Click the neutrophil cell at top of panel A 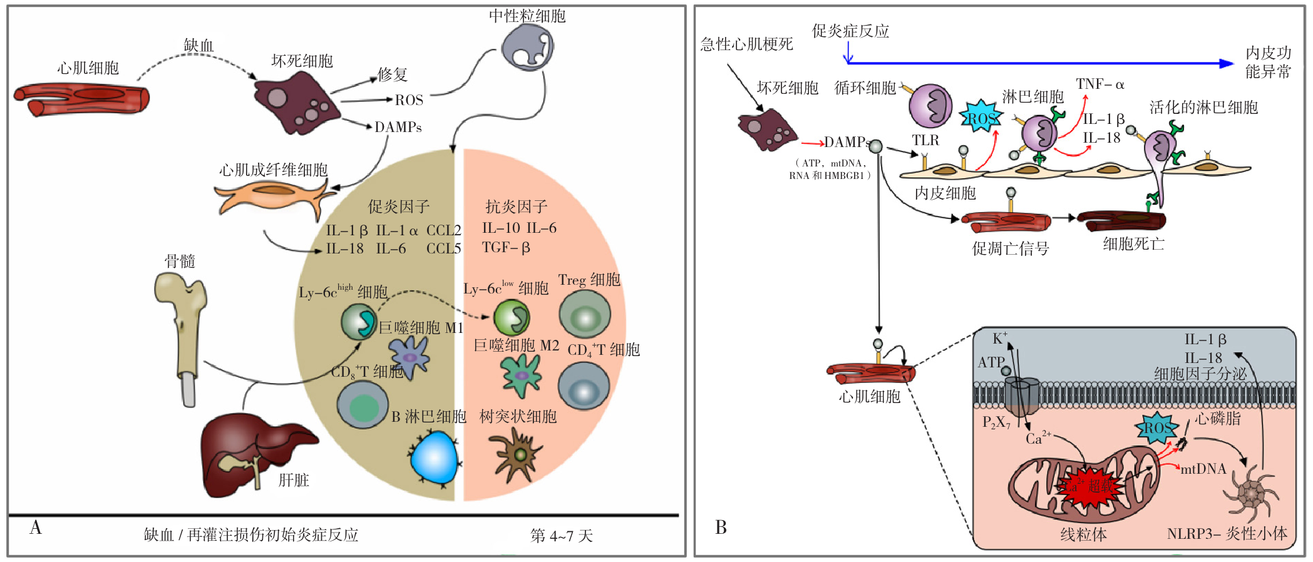click(x=528, y=48)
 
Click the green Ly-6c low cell click(x=512, y=317)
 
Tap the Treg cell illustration click(x=584, y=315)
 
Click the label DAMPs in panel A click(x=398, y=127)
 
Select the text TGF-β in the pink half click(x=506, y=248)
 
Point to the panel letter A click(x=36, y=528)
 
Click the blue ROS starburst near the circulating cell click(x=981, y=117)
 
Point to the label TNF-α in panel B click(x=1100, y=84)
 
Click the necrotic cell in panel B click(x=766, y=130)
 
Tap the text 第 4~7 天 click(x=561, y=536)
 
